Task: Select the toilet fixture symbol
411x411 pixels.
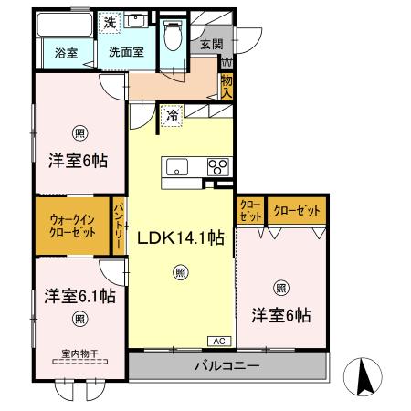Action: coord(173,35)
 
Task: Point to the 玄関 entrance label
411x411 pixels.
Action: coord(212,45)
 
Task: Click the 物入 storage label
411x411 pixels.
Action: coord(226,88)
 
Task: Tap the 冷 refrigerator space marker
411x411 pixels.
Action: coord(171,116)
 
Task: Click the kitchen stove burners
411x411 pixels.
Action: coord(217,166)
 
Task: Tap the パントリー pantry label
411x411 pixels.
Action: coord(119,225)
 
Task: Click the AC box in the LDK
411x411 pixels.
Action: coord(219,341)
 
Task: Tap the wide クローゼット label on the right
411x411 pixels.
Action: coord(297,211)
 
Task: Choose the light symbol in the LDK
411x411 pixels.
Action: coord(181,271)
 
